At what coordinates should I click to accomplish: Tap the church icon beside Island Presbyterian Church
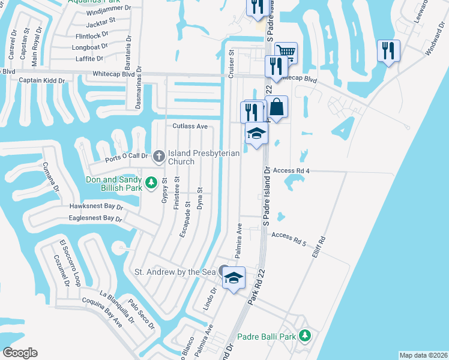tap(160, 156)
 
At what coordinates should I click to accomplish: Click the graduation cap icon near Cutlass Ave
tap(256, 133)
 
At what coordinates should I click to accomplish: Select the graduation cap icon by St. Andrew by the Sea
tap(234, 278)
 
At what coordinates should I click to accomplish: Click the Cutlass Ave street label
tap(190, 127)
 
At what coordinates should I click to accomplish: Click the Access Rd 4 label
tap(291, 170)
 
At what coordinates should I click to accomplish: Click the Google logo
tap(20, 352)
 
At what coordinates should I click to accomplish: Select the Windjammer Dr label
tap(108, 9)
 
